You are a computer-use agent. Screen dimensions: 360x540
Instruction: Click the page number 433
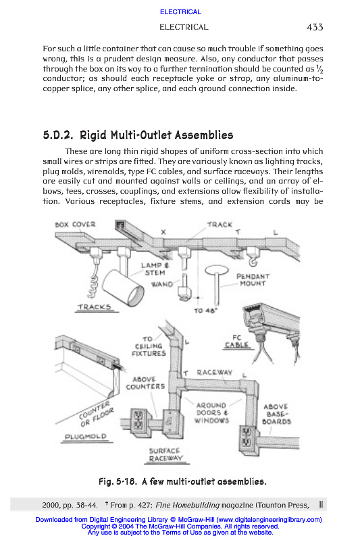[x=315, y=27]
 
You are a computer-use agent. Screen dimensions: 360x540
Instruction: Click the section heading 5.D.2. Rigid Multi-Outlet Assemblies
[x=138, y=135]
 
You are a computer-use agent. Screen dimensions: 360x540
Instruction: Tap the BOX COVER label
[x=75, y=225]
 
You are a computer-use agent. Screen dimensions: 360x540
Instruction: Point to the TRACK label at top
[x=220, y=225]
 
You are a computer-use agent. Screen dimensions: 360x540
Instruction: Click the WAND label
[x=162, y=284]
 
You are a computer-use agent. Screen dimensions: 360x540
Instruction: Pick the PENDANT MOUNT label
[x=253, y=279]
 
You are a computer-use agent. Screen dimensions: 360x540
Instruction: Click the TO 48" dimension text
[x=205, y=310]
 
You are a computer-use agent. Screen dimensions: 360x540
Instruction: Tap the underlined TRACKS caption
[x=95, y=307]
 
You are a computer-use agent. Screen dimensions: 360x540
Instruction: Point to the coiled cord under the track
[x=93, y=281]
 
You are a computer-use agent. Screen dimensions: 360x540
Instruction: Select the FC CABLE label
[x=236, y=342]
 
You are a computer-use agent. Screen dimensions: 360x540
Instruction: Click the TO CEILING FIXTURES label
[x=149, y=346]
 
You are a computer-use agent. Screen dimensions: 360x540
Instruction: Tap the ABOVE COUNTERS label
[x=145, y=383]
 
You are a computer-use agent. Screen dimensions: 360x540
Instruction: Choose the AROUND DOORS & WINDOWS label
[x=211, y=412]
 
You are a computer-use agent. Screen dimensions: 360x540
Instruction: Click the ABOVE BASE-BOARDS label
[x=276, y=414]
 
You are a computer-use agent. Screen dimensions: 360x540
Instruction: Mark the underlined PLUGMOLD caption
[x=86, y=436]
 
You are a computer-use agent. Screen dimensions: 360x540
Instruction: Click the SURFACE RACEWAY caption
[x=165, y=454]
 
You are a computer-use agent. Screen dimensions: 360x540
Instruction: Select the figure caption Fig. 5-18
[x=182, y=481]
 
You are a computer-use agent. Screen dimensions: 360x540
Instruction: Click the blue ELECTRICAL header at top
[x=180, y=12]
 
